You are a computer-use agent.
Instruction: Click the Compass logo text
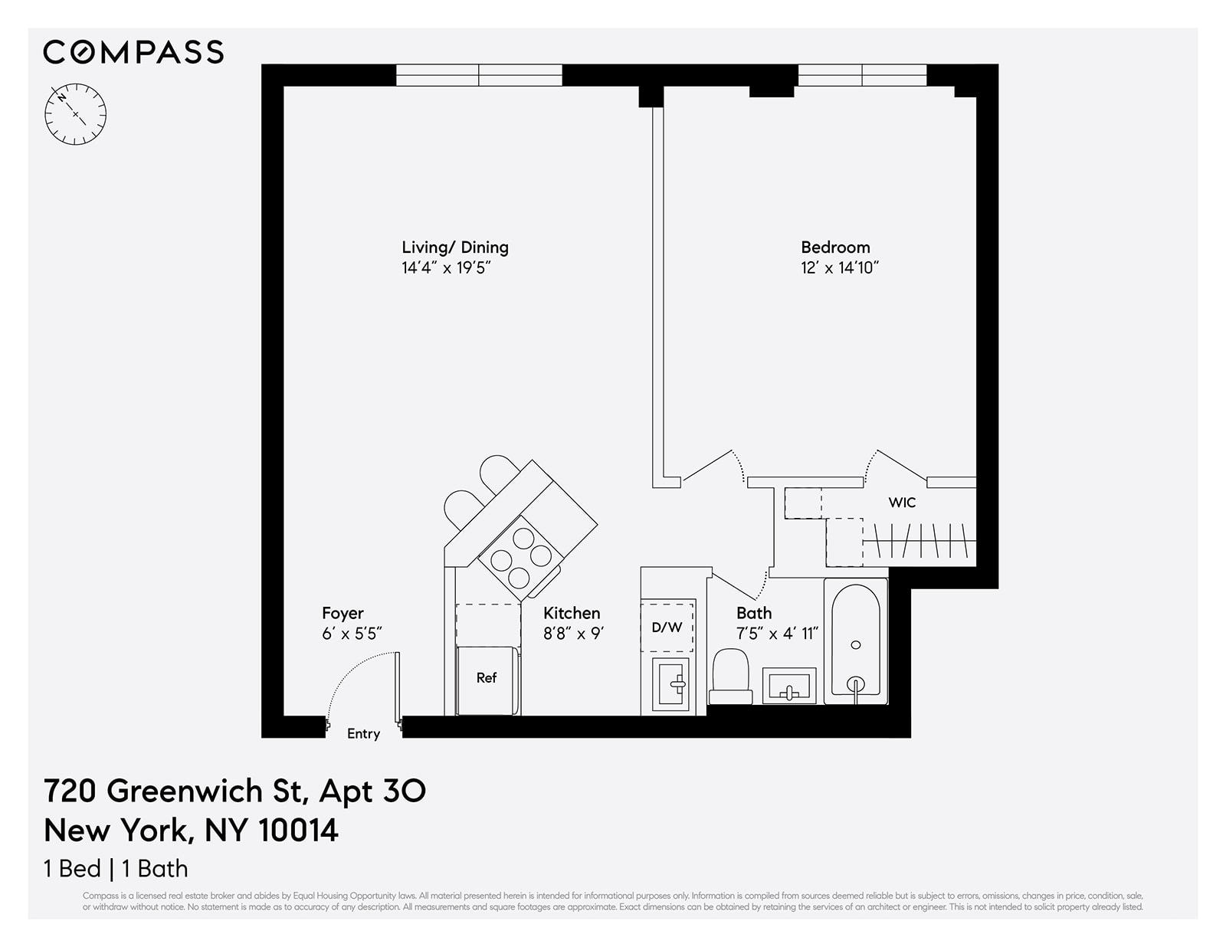tap(133, 52)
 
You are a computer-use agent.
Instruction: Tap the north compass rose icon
tap(75, 115)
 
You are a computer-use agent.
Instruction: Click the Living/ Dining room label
tap(454, 247)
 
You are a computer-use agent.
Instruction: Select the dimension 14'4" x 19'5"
tap(445, 267)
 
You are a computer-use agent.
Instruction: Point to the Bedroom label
tap(835, 247)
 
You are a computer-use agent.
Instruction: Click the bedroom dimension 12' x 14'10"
tap(839, 267)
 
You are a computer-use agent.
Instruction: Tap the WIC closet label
tap(902, 503)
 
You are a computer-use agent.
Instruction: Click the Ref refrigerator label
tap(487, 677)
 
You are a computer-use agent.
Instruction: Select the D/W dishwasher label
tap(667, 628)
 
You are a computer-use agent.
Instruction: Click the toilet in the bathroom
tap(730, 675)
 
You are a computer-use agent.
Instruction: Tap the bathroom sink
tap(788, 685)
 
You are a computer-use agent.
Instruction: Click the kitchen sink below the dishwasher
tap(670, 683)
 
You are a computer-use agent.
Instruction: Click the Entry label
tap(363, 734)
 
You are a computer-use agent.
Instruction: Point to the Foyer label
tap(343, 614)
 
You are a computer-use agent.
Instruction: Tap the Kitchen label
tap(572, 614)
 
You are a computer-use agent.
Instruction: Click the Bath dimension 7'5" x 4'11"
tap(777, 634)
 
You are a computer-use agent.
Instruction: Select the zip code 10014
tap(298, 831)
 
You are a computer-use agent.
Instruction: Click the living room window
tap(479, 75)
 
